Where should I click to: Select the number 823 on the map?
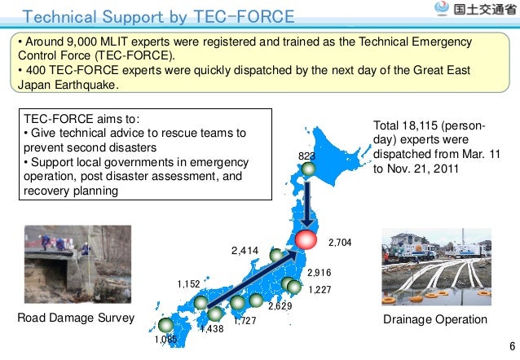pos(306,156)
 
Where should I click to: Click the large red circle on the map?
pos(306,240)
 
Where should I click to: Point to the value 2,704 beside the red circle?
pos(339,242)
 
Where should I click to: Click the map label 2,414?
pos(244,251)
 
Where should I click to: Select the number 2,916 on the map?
pos(319,273)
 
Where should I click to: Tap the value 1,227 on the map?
pos(320,289)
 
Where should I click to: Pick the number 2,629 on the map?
pos(280,306)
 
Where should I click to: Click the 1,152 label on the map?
pos(189,283)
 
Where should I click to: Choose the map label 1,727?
pos(245,322)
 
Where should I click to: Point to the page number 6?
pos(510,346)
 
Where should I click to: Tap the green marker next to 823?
pos(308,169)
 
